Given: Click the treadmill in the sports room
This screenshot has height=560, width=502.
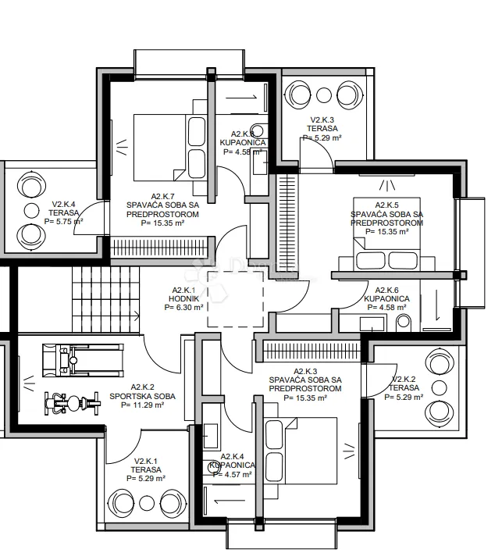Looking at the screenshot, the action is point(84,360).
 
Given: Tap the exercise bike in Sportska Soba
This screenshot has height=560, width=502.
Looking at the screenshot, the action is point(73,404).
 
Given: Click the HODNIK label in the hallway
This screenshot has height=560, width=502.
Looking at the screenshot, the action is point(184,298).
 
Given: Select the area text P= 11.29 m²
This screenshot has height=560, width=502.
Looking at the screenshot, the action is point(142,405).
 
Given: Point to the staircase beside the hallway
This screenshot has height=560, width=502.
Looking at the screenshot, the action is point(105,300).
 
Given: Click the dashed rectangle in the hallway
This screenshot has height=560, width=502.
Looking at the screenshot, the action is point(236,299).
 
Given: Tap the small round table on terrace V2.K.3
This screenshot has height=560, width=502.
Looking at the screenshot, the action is point(324,95).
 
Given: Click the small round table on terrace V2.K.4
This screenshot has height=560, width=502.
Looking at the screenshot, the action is point(31,211).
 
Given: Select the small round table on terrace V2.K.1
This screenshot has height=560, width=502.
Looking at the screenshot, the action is point(147,503).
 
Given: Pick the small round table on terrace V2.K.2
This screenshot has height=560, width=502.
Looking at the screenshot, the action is point(440,388).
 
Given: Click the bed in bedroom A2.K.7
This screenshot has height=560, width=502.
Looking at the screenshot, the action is point(170,148).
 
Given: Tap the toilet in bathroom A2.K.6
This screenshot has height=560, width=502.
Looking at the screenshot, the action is point(403,322).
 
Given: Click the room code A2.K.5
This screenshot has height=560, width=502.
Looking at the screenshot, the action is point(386,205).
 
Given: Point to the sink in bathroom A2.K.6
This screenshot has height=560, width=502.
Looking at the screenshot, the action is point(372,324).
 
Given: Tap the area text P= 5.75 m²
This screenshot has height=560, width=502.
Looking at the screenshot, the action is point(63,222).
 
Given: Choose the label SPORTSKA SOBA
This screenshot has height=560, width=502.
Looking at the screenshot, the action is point(142,396).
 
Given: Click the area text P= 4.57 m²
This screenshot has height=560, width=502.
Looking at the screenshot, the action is point(233,474).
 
